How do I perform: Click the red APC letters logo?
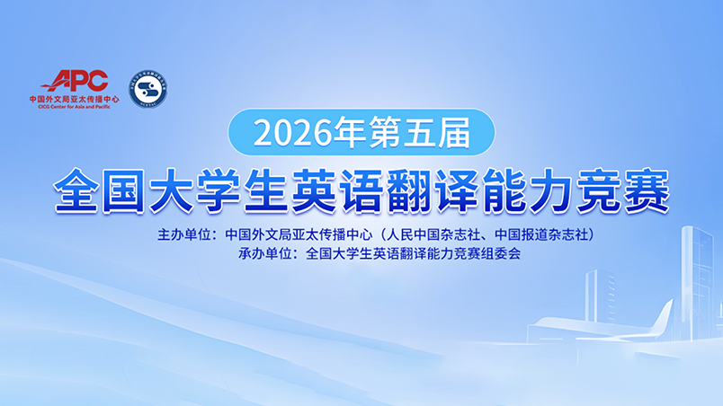80,82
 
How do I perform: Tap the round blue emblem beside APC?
148,89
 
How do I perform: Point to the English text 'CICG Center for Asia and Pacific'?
68,109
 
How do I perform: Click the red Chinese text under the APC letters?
68,100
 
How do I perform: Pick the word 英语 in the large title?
332,190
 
